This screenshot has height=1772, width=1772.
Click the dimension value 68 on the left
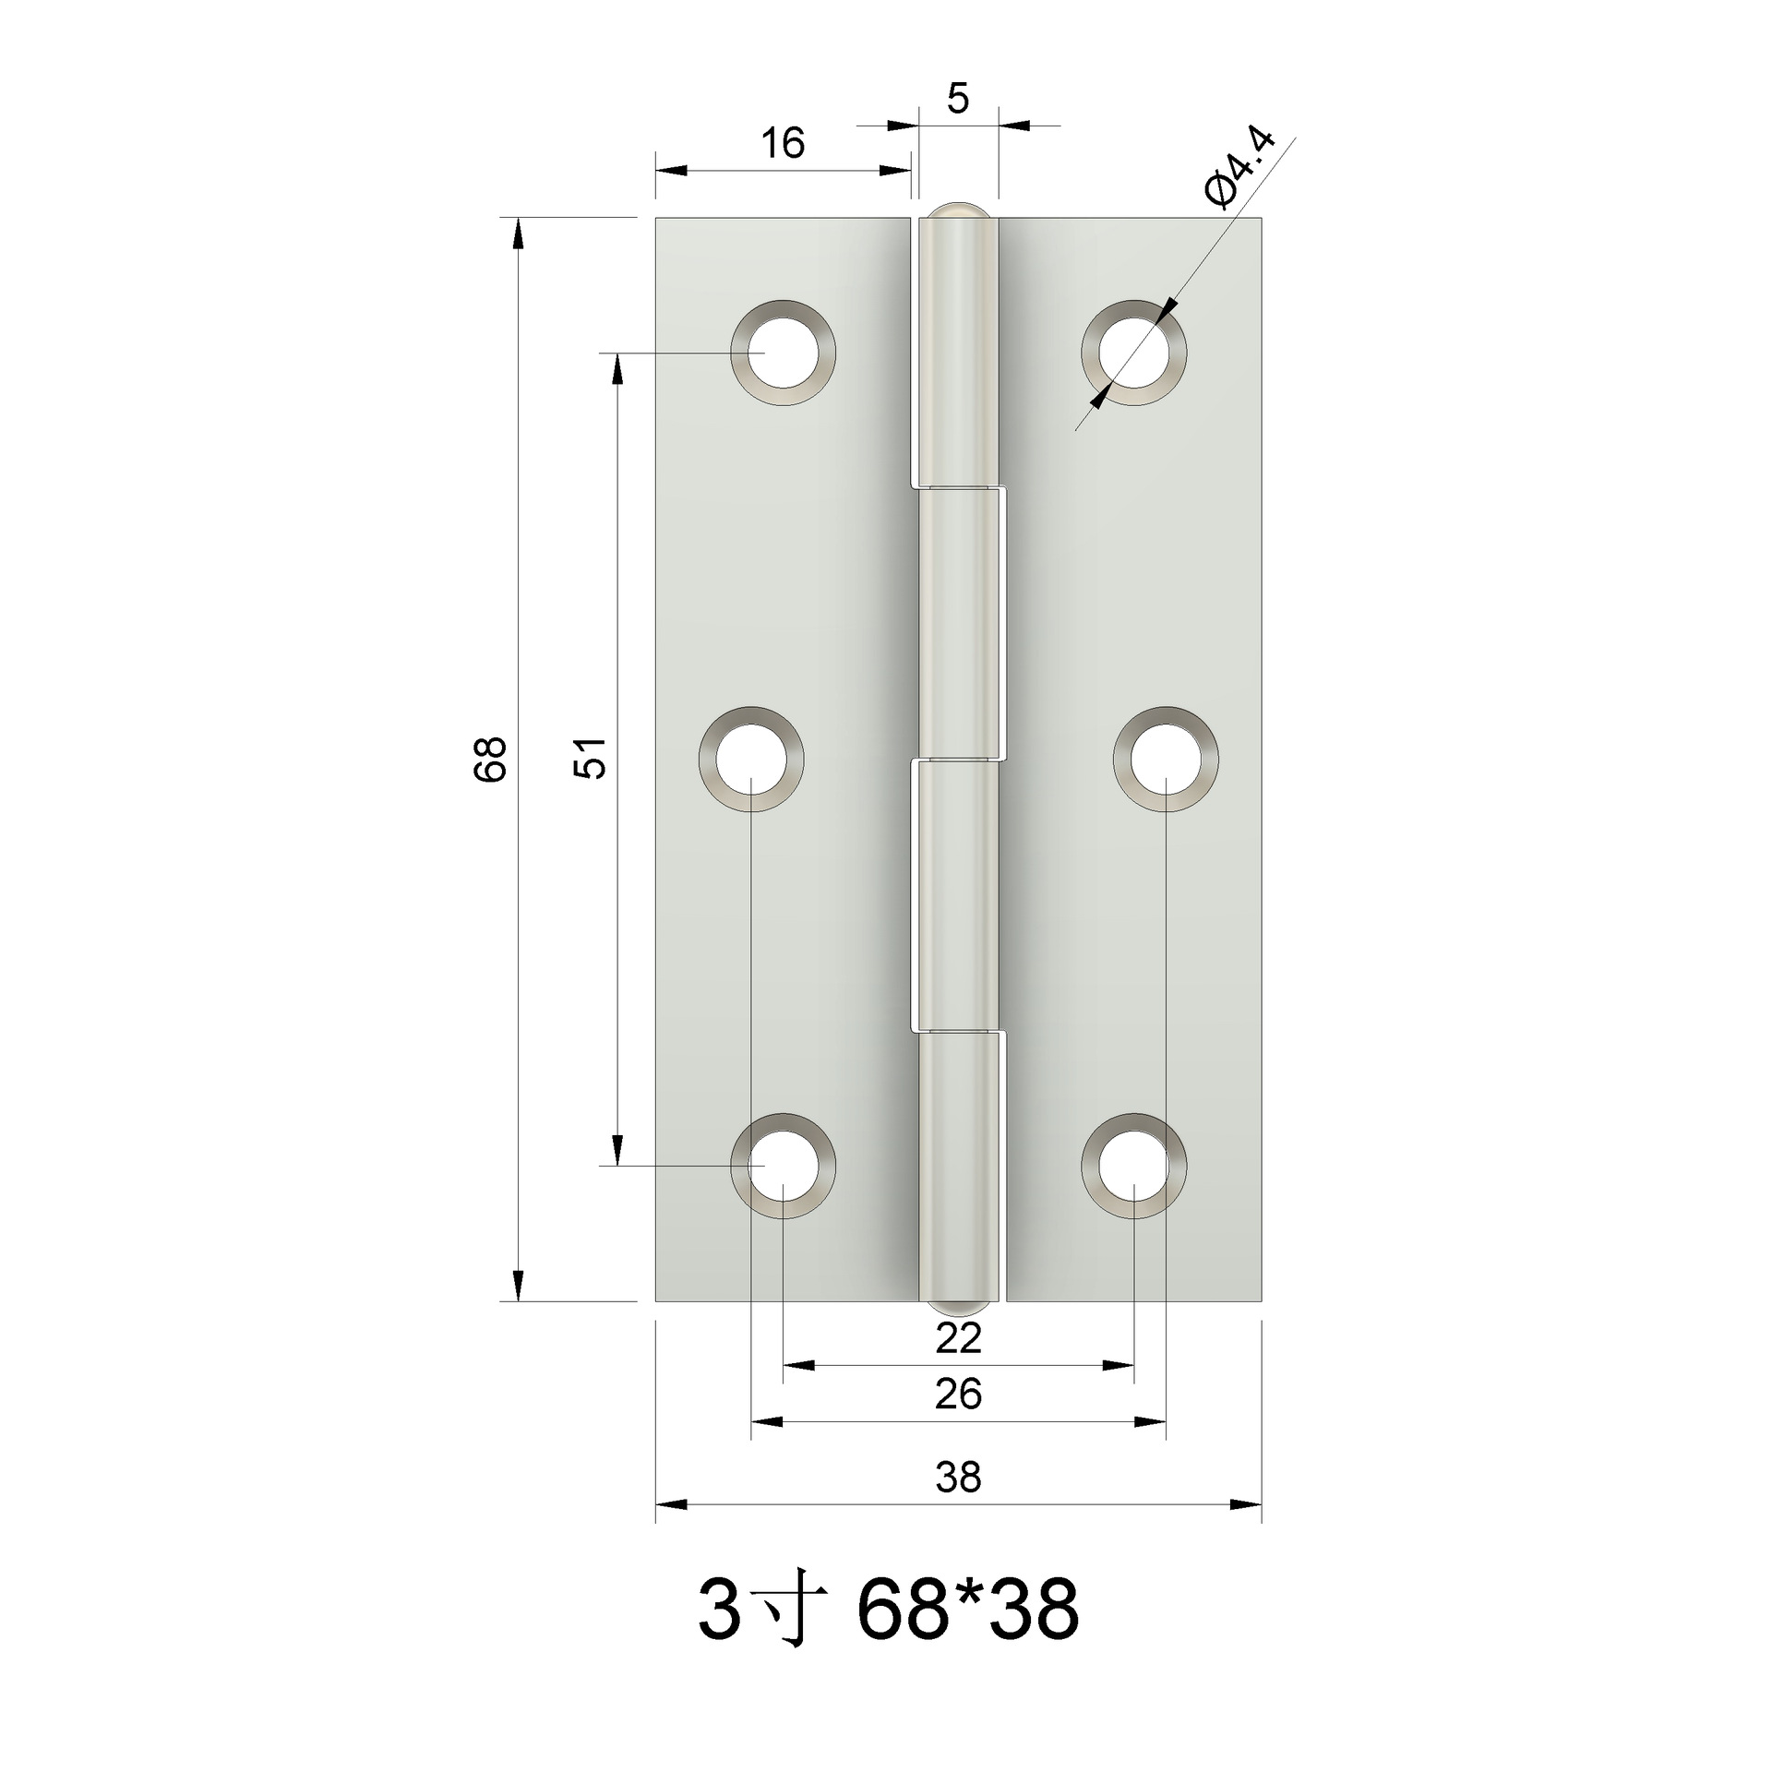tap(491, 759)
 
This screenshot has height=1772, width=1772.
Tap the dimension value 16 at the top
tap(783, 143)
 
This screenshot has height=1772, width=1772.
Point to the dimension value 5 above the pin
tap(958, 99)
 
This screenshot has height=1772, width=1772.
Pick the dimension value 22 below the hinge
tap(958, 1339)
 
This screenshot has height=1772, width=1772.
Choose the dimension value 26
tap(958, 1395)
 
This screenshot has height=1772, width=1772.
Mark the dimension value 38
tap(958, 1478)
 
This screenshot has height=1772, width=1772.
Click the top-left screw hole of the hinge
tap(784, 353)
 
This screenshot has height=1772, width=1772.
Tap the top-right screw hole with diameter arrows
tap(1134, 353)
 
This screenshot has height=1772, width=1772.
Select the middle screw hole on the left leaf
tap(751, 760)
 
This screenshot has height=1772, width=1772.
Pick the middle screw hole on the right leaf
tap(1166, 760)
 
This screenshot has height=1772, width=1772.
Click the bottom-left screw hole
tap(784, 1166)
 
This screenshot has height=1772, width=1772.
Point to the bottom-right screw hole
tap(1134, 1166)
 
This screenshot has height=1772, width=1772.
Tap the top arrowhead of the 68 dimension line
tap(518, 231)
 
